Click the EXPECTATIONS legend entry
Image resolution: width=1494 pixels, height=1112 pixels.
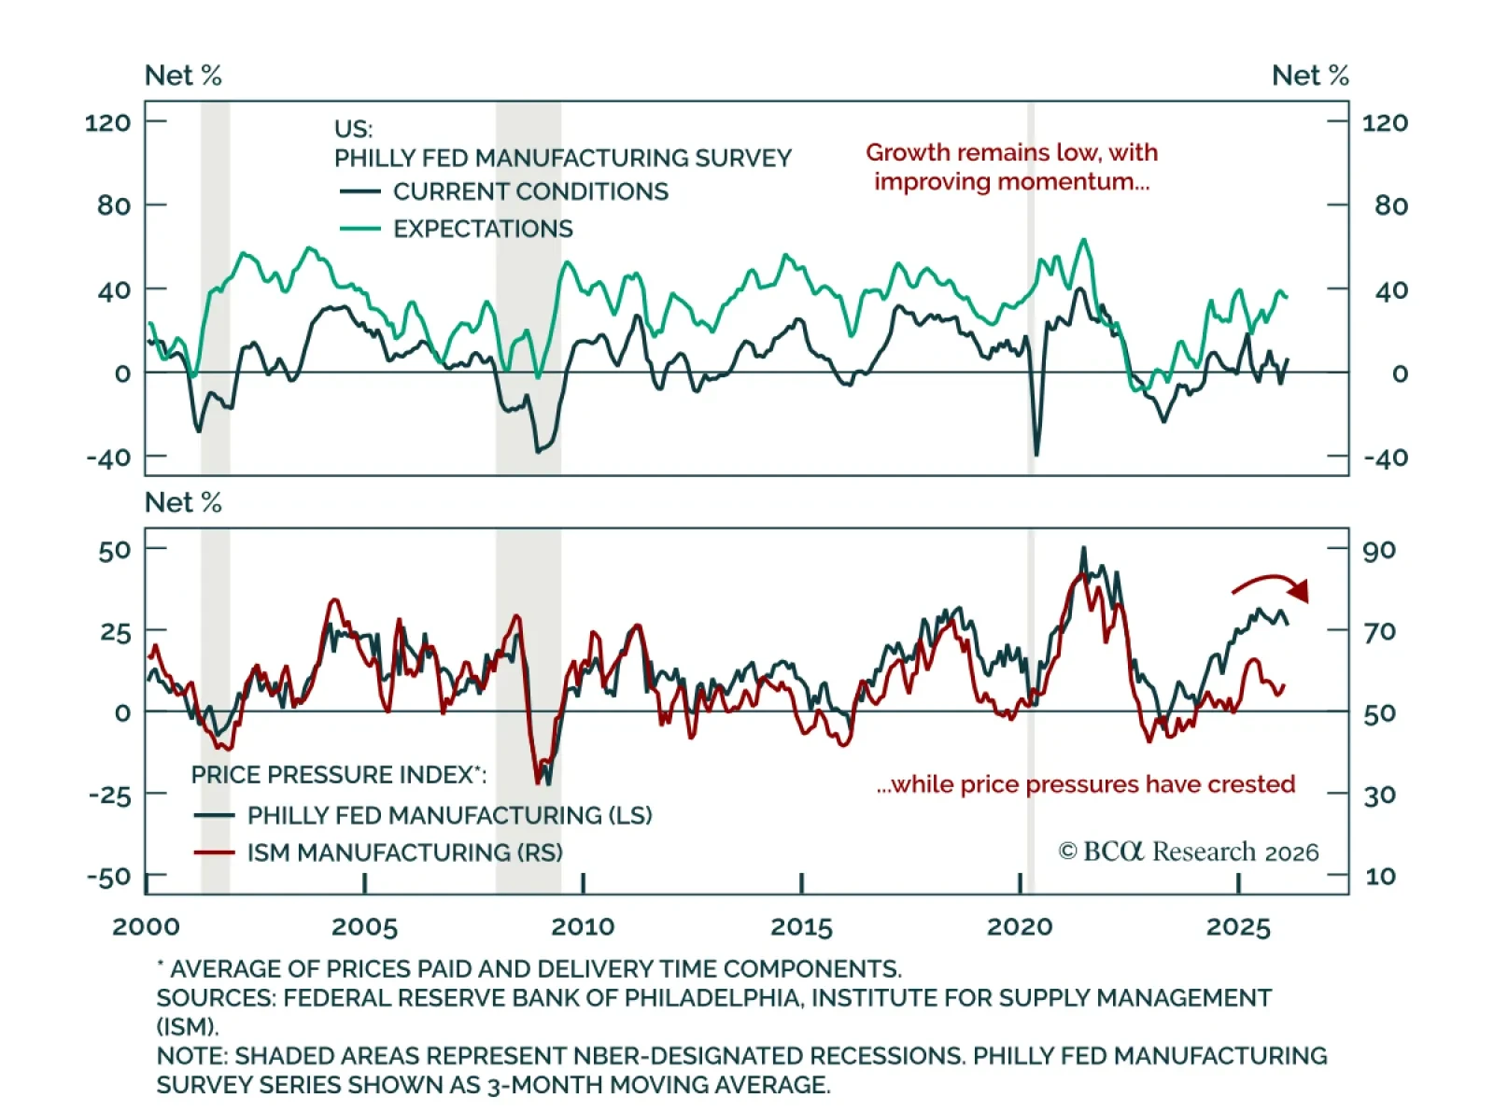pyautogui.click(x=482, y=229)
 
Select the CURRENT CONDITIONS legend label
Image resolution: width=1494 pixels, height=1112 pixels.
pyautogui.click(x=529, y=191)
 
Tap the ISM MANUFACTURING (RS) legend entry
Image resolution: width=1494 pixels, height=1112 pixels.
pyautogui.click(x=404, y=852)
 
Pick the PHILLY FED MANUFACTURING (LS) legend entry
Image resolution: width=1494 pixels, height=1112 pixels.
pyautogui.click(x=449, y=815)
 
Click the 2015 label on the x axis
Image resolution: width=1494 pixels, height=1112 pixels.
pyautogui.click(x=801, y=927)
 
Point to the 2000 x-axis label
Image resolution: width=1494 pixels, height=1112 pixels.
pyautogui.click(x=146, y=927)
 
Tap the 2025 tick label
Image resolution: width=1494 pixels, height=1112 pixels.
pyautogui.click(x=1238, y=927)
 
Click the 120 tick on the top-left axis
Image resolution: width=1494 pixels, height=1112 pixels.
pyautogui.click(x=107, y=122)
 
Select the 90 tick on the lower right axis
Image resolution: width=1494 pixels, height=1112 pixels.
pyautogui.click(x=1379, y=550)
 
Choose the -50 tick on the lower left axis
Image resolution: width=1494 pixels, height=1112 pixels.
pyautogui.click(x=108, y=878)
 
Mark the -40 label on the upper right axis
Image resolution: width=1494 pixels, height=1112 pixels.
pyautogui.click(x=1386, y=458)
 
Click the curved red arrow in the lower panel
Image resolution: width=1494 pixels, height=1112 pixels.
pyautogui.click(x=1272, y=586)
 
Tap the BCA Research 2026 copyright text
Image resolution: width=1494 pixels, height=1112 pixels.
pyautogui.click(x=1188, y=852)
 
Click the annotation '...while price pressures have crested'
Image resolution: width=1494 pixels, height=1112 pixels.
pyautogui.click(x=1085, y=784)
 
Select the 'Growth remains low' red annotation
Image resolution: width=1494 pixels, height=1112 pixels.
pyautogui.click(x=1011, y=166)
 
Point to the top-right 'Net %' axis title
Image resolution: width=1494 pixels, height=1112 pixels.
pyautogui.click(x=1310, y=76)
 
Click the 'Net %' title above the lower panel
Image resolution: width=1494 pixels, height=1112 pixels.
pyautogui.click(x=183, y=502)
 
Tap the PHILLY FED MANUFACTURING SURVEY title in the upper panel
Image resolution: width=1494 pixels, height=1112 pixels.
pyautogui.click(x=562, y=158)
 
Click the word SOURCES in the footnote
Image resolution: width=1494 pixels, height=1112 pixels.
pyautogui.click(x=216, y=998)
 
